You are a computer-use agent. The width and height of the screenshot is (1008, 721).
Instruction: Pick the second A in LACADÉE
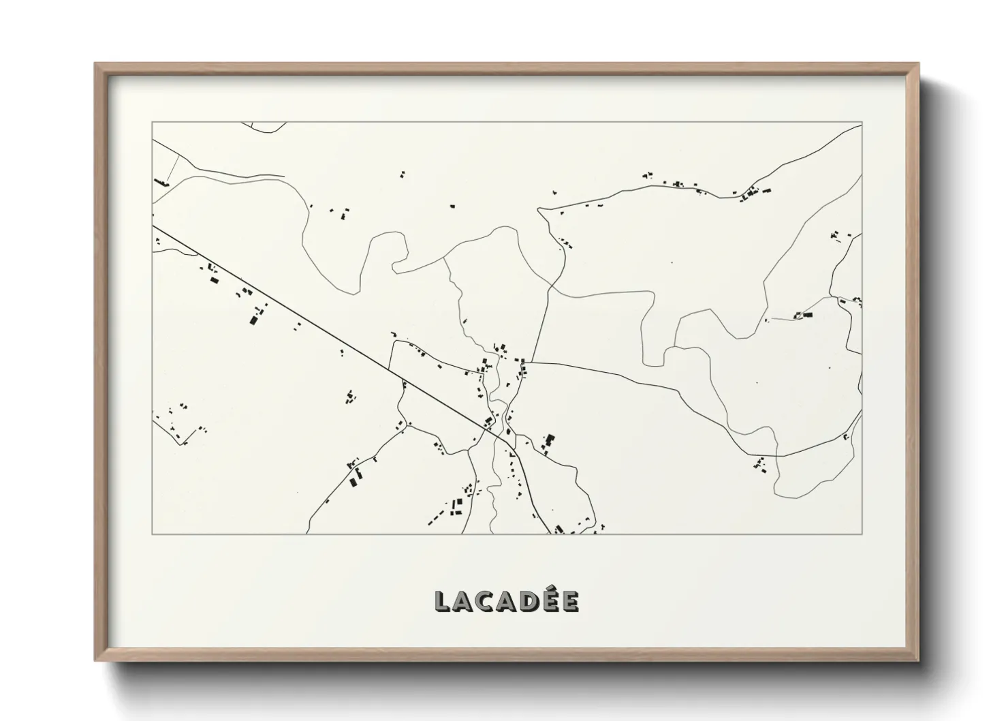(x=508, y=601)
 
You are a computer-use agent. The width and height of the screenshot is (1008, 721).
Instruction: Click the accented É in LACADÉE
(x=552, y=600)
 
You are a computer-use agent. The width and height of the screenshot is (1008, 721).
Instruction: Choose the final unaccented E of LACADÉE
(x=571, y=601)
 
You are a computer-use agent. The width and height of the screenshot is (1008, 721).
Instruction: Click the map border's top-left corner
(x=152, y=123)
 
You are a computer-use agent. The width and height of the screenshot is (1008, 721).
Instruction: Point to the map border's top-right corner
(x=862, y=123)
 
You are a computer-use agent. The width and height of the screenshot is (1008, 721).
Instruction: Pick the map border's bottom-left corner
(x=152, y=534)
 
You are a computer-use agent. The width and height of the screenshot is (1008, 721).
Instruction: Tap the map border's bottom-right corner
(x=862, y=534)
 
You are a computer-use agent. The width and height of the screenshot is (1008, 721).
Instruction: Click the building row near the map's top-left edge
(x=161, y=182)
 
